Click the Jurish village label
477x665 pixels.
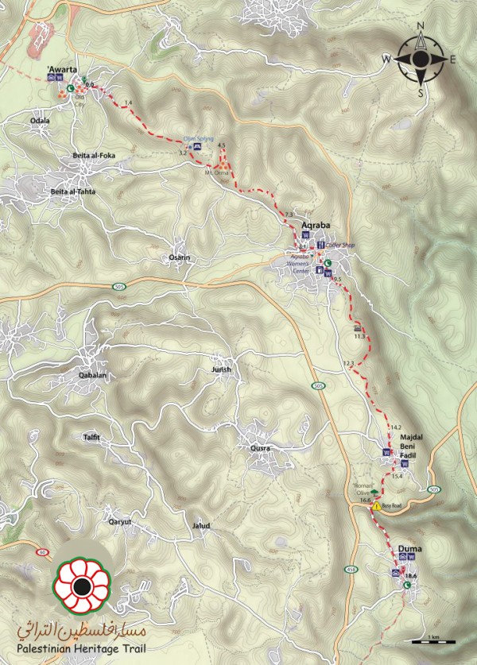pos(221,370)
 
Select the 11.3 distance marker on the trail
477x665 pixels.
pos(359,338)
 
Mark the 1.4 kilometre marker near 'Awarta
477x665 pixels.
pos(128,104)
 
